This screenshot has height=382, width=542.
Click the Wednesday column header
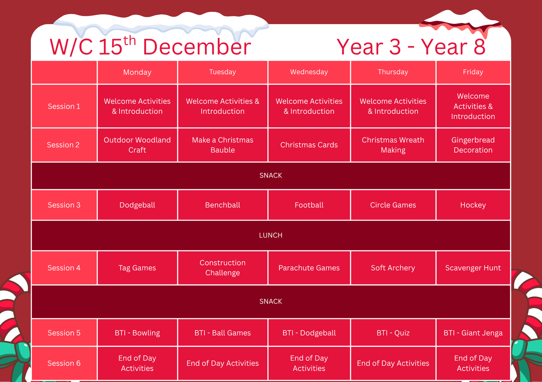[309, 72]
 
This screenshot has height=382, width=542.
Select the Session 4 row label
[64, 268]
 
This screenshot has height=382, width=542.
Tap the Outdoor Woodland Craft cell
[137, 145]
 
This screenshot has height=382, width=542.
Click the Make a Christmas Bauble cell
[222, 145]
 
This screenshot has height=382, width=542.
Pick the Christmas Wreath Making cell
[393, 145]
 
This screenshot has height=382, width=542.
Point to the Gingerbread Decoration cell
[473, 145]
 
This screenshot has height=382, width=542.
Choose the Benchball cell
[222, 205]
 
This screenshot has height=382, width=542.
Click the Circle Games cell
[393, 205]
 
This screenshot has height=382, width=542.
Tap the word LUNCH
[271, 235]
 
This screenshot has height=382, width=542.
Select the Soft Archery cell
[393, 268]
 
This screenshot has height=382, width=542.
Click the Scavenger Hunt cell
[473, 268]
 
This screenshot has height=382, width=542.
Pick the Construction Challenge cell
[222, 268]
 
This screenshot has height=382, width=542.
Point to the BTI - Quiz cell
[393, 333]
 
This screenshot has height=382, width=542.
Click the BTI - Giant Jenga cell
[473, 333]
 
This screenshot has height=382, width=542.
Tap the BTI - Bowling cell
[137, 333]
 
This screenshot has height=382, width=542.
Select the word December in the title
[197, 47]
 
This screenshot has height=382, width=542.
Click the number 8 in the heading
[479, 47]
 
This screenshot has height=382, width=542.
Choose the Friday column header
[473, 72]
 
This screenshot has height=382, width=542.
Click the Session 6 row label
[64, 363]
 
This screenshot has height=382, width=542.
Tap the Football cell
[309, 205]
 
